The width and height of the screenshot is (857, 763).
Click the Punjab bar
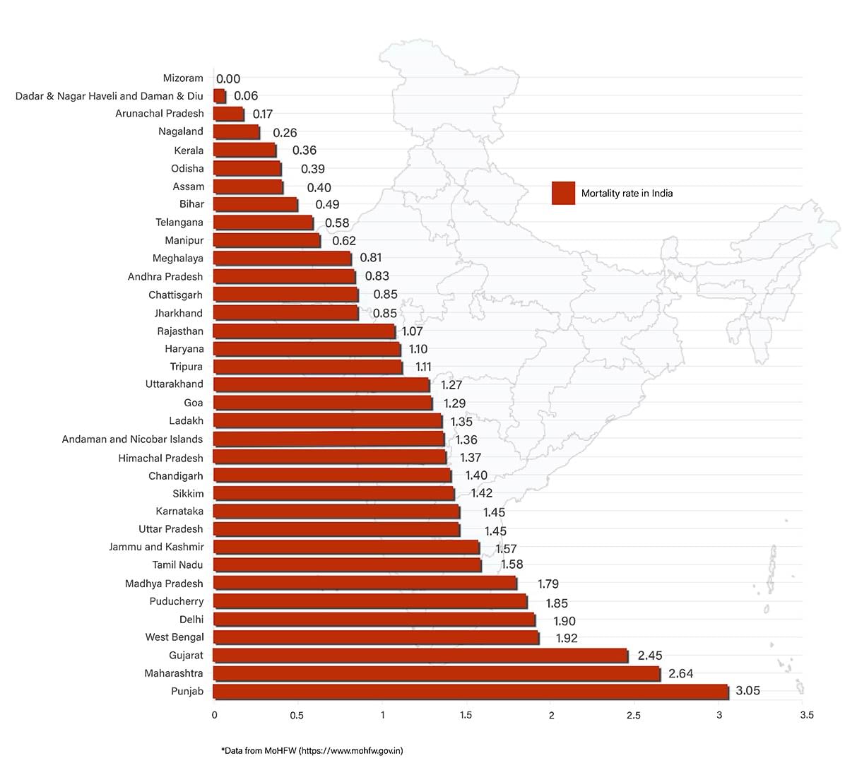click(x=470, y=692)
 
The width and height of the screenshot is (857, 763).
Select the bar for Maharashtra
click(x=436, y=673)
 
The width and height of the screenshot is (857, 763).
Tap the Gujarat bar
click(x=420, y=656)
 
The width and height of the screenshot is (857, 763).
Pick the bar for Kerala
click(x=244, y=150)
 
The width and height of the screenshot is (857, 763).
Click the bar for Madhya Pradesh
click(x=365, y=583)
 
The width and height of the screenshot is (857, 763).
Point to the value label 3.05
click(x=747, y=691)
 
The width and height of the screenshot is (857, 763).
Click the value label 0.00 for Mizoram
click(x=228, y=79)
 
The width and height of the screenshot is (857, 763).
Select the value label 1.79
click(x=548, y=584)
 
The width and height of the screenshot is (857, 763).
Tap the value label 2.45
click(x=650, y=656)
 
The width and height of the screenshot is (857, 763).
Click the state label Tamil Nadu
click(x=177, y=564)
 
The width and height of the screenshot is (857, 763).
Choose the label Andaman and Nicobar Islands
click(x=132, y=439)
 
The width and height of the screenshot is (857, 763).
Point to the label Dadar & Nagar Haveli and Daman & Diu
click(x=110, y=96)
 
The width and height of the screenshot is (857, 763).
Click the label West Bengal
click(x=175, y=637)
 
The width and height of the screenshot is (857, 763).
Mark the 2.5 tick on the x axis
click(x=634, y=715)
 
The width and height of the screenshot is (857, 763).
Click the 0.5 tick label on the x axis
click(x=297, y=715)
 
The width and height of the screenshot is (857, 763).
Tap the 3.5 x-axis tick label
click(x=807, y=715)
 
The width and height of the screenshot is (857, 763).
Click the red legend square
click(x=563, y=193)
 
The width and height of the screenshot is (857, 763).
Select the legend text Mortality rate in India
click(x=627, y=193)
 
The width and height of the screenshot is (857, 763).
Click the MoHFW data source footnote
click(x=312, y=750)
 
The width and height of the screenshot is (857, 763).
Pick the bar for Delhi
click(x=374, y=620)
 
